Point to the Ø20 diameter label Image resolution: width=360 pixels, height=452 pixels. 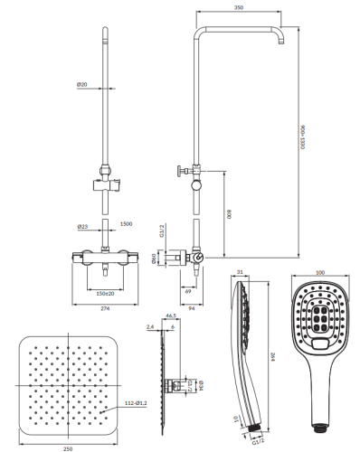82,85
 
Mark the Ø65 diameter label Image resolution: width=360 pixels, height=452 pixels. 178,258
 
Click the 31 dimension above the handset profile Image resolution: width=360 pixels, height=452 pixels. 240,272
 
